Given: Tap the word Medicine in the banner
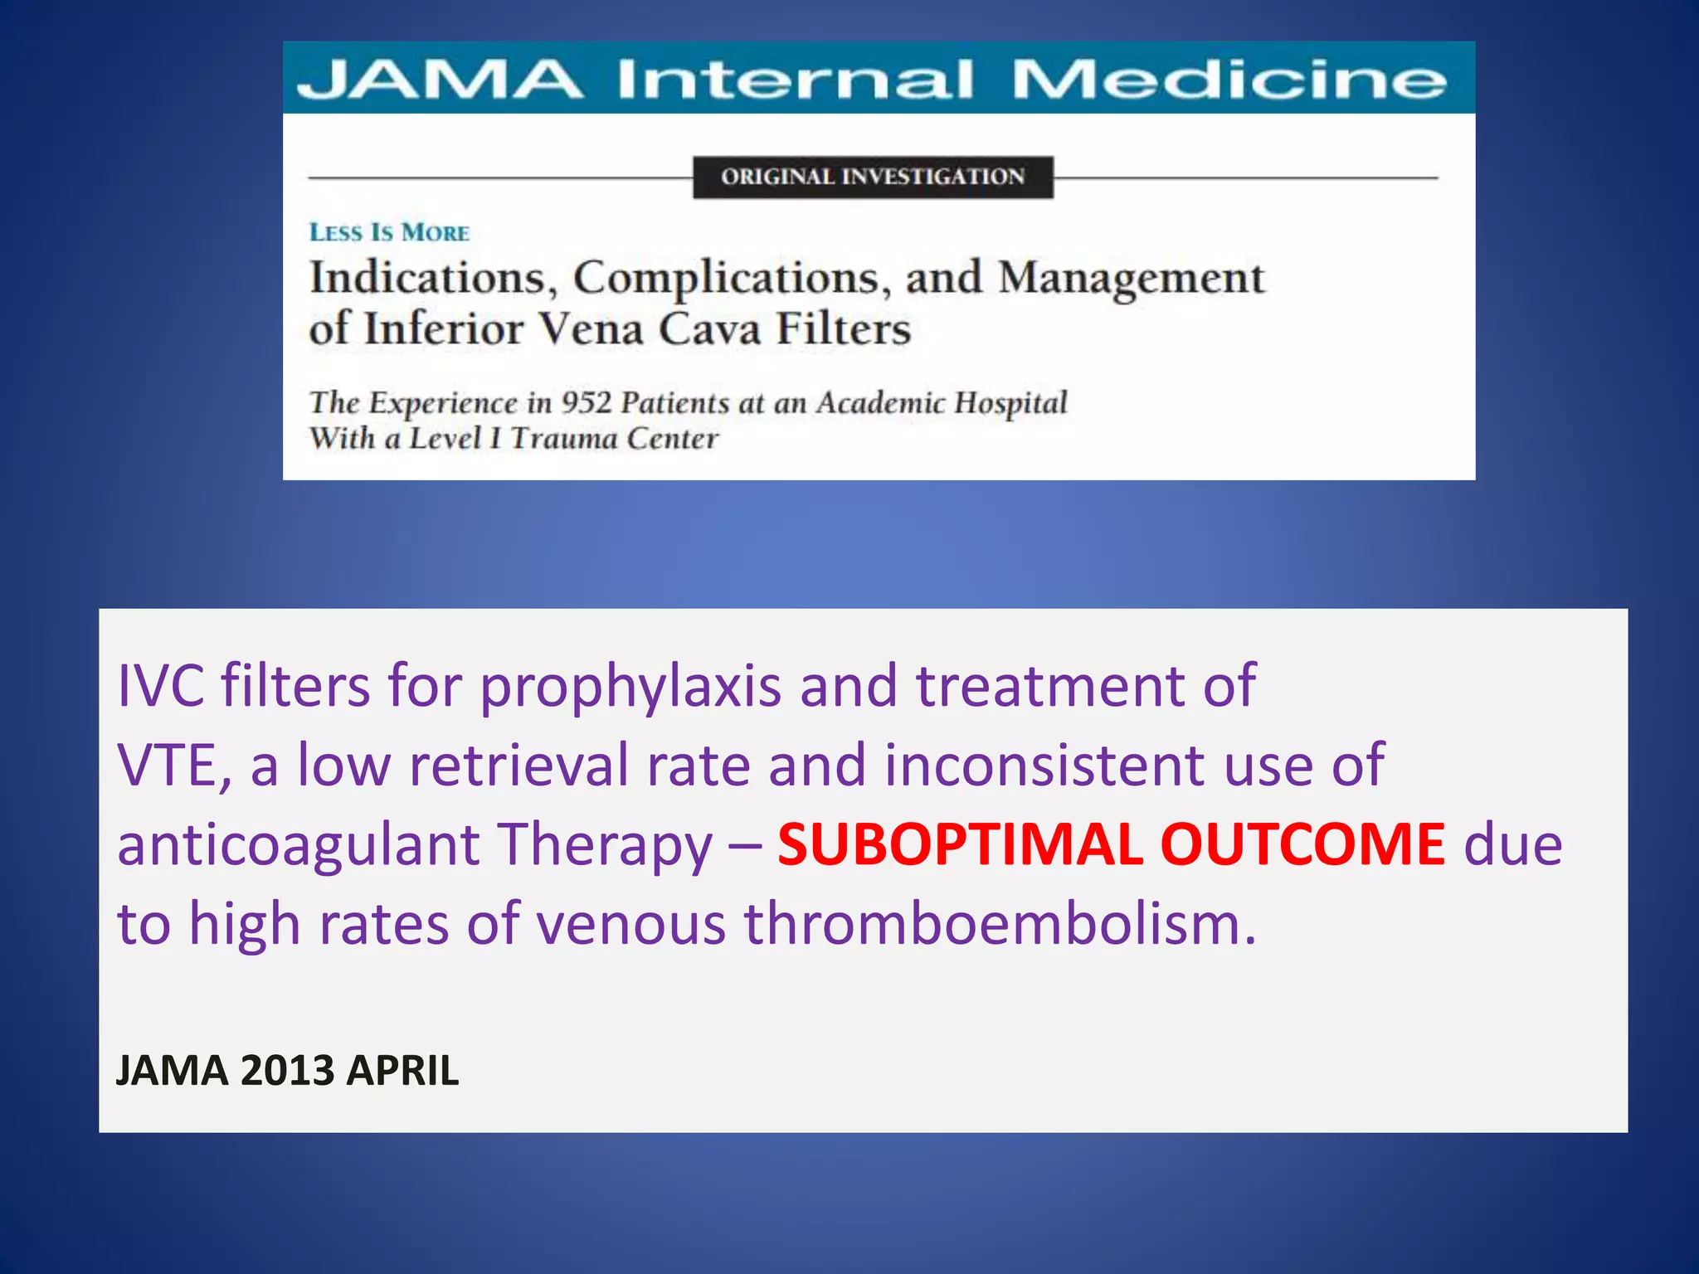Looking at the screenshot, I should pyautogui.click(x=1229, y=80).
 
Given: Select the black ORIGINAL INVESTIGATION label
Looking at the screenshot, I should pyautogui.click(x=873, y=177).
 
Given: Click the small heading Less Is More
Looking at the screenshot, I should pyautogui.click(x=389, y=232).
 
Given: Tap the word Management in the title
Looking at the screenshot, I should pyautogui.click(x=1131, y=279).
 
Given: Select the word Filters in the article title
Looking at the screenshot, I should pyautogui.click(x=843, y=328).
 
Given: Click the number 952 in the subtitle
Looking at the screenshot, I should pyautogui.click(x=586, y=402).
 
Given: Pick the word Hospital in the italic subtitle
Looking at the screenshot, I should pyautogui.click(x=1010, y=403).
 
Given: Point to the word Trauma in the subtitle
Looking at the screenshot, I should pyautogui.click(x=562, y=438).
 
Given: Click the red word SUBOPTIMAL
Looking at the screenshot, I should pyautogui.click(x=959, y=844).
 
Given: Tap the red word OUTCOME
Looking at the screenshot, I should pyautogui.click(x=1302, y=844).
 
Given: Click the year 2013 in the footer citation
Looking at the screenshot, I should pyautogui.click(x=287, y=1070).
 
